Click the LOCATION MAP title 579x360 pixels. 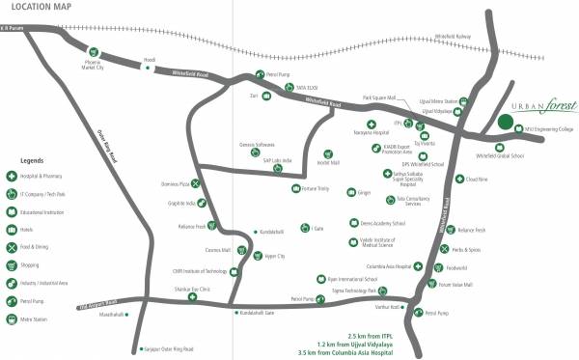[38, 9]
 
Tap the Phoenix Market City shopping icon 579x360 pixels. [94, 52]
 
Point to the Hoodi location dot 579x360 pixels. [148, 68]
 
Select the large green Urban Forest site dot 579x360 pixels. [505, 122]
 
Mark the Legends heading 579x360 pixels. [32, 160]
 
